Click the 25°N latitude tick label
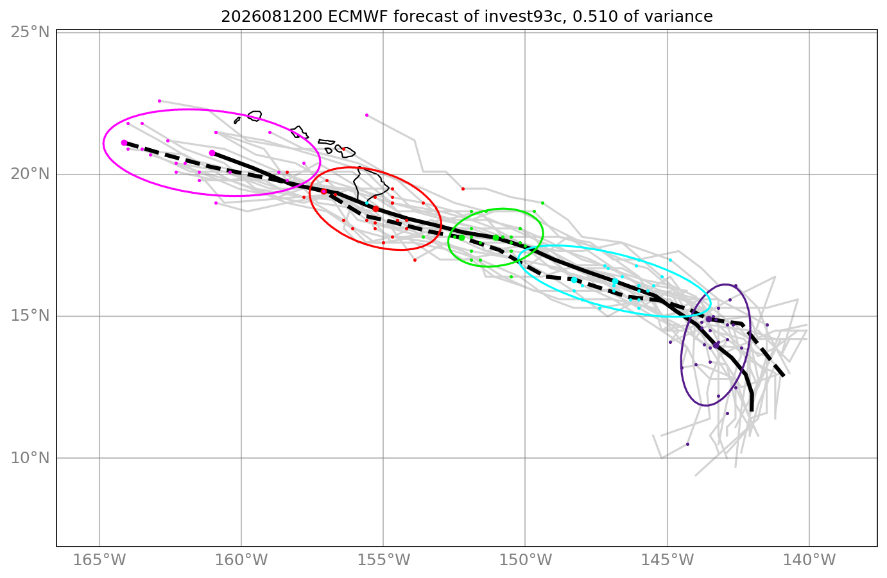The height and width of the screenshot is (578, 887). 30,31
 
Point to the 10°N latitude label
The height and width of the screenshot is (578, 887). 30,458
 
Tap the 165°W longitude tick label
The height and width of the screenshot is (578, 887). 99,560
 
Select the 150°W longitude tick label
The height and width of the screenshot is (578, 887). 526,560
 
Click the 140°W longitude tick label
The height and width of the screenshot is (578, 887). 809,560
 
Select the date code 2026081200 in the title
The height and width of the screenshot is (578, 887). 271,17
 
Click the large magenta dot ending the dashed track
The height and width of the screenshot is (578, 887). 124,142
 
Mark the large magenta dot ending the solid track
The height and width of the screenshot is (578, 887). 212,153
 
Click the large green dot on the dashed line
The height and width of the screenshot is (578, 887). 461,237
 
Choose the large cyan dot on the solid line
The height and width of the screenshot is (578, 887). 615,281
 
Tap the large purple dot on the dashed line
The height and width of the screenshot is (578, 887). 709,319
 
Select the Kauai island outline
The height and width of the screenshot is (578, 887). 255,115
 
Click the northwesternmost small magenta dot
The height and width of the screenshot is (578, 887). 160,101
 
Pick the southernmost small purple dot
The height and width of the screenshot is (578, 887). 688,444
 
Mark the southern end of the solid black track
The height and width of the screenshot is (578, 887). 752,411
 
